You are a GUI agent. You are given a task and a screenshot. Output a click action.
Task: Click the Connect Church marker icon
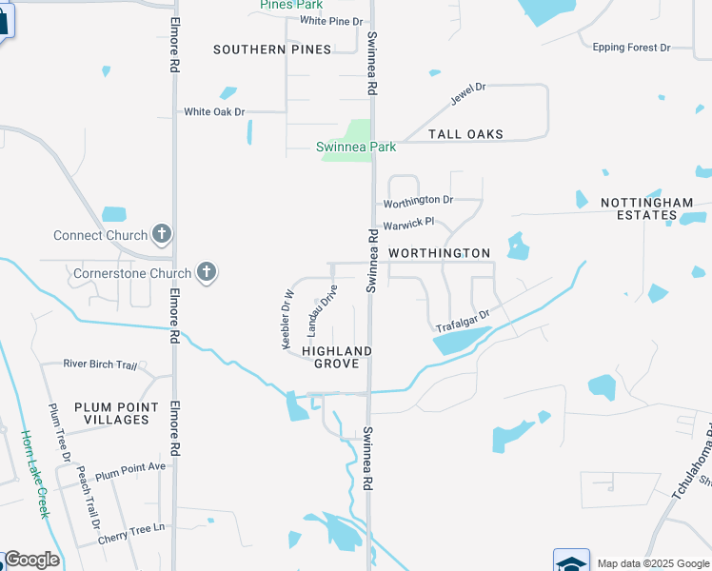point(162,234)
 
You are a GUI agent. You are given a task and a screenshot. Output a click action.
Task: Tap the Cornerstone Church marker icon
point(206,273)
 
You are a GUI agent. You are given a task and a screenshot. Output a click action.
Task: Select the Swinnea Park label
point(356,147)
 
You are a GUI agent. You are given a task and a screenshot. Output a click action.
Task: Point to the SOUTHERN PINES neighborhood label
point(272,49)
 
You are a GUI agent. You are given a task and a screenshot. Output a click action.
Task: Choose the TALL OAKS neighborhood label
point(465,134)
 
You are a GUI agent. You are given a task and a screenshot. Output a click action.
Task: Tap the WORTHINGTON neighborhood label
point(439,253)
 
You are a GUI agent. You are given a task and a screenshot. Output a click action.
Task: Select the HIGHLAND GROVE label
point(337,357)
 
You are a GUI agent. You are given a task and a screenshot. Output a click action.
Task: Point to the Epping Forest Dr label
point(631,47)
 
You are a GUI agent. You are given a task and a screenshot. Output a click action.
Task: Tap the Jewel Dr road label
point(467,95)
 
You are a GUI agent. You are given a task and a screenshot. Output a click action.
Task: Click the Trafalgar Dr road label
point(463,322)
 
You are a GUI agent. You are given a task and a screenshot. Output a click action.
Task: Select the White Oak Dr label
point(214,111)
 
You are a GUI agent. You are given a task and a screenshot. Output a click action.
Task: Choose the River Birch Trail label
point(100,364)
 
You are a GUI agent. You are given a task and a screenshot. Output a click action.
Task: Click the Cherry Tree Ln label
point(131,527)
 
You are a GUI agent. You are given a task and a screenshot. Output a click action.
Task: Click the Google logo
point(31,560)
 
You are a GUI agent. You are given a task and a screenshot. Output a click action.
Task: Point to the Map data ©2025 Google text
point(652,563)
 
